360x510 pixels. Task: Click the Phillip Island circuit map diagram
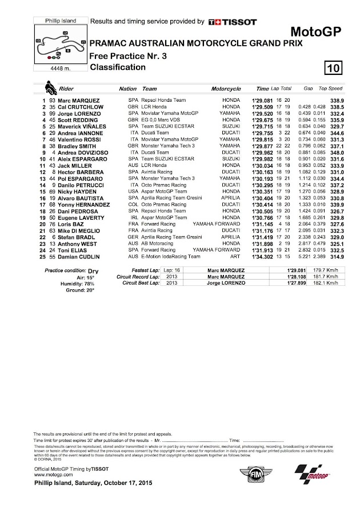click(x=59, y=45)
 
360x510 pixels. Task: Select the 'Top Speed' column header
click(x=330, y=90)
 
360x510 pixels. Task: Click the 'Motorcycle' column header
click(x=226, y=90)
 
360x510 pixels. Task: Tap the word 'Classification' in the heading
click(x=118, y=67)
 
